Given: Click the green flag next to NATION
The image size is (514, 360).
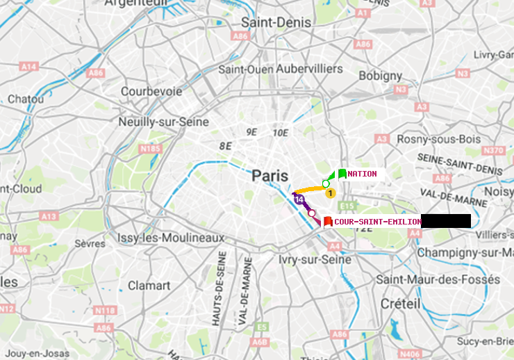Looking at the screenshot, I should click(342, 174).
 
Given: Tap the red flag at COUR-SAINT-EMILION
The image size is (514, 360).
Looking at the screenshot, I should click(328, 222).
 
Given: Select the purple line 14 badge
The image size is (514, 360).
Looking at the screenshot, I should click(299, 199).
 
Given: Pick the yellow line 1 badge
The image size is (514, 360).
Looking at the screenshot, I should click(331, 193).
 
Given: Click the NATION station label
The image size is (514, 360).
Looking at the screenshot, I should click(363, 174).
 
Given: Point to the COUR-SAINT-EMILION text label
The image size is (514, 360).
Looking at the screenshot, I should click(378, 222).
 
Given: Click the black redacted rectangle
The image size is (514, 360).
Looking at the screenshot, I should click(446, 221).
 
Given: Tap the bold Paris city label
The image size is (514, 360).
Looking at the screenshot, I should click(270, 176).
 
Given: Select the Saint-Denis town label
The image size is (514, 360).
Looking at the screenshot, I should click(276, 22).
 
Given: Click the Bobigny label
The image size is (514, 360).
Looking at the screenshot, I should click(380, 75).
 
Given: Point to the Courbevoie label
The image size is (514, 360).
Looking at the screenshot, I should click(151, 91).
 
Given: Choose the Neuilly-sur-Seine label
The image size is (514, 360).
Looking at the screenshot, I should click(164, 122).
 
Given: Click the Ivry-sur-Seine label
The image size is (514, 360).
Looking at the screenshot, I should click(314, 259).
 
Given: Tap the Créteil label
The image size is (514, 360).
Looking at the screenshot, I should click(400, 304).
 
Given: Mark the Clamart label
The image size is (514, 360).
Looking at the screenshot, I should click(149, 286).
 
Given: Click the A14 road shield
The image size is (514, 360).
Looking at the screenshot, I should click(28, 67).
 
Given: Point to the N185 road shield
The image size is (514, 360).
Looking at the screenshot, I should click(151, 148).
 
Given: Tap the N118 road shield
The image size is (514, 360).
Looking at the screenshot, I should click(104, 310).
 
